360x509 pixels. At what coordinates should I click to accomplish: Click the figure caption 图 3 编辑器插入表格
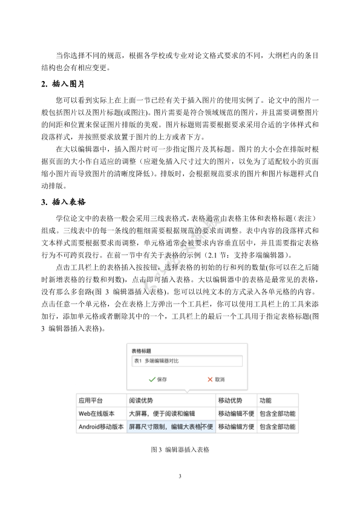click(180, 450)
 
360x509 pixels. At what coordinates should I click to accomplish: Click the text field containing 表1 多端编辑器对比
click(185, 361)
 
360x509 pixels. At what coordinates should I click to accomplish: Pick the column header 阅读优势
click(141, 400)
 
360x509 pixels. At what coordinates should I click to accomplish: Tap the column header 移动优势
click(230, 400)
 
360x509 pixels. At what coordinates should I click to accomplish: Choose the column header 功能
click(266, 400)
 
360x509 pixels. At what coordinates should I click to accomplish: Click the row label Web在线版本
click(96, 413)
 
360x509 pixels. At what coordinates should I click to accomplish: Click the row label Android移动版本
click(100, 427)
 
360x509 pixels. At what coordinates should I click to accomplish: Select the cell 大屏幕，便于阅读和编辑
click(162, 413)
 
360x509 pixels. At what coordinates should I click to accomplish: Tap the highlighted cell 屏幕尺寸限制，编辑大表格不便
click(171, 427)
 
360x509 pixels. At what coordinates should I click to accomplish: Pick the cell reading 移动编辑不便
click(235, 413)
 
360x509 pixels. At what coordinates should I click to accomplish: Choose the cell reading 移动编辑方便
click(235, 427)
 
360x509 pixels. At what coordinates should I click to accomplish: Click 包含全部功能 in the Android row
click(277, 427)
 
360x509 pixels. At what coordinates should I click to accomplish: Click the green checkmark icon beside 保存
click(151, 380)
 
